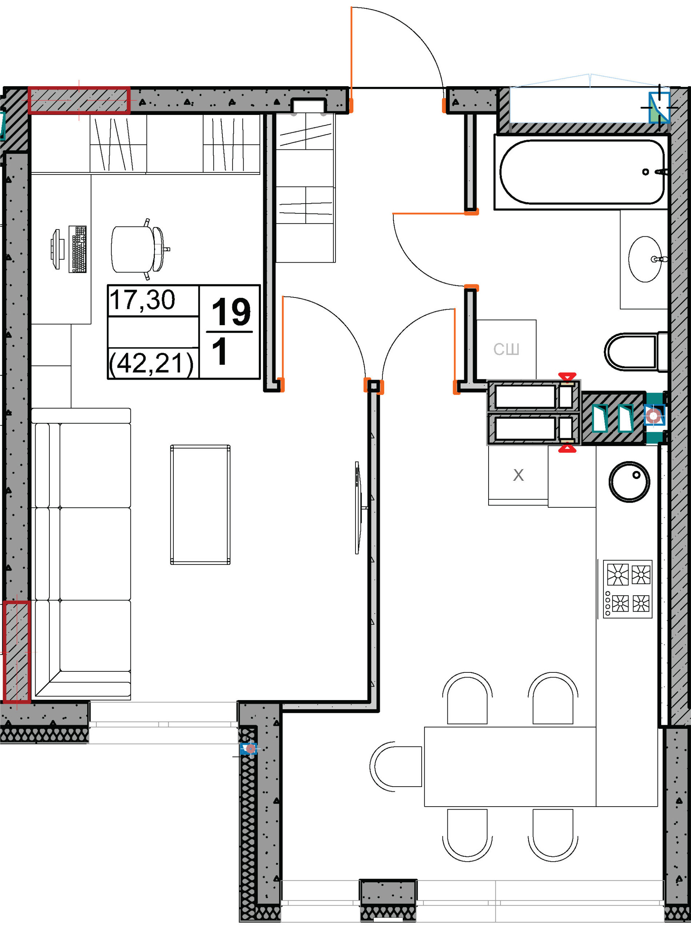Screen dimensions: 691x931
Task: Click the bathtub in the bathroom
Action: click(582, 172)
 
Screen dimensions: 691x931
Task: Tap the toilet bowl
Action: click(636, 351)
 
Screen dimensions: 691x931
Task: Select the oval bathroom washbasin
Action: click(646, 259)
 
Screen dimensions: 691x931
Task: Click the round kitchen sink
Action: click(629, 482)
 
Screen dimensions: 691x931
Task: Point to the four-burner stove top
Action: click(627, 589)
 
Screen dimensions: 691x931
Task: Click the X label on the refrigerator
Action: click(518, 475)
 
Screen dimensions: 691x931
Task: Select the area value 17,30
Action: click(142, 300)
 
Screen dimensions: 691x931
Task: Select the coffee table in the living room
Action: click(200, 505)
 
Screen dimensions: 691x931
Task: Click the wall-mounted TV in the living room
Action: click(358, 508)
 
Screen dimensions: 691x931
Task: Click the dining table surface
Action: click(510, 767)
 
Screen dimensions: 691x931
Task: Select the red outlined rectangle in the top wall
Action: click(79, 100)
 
